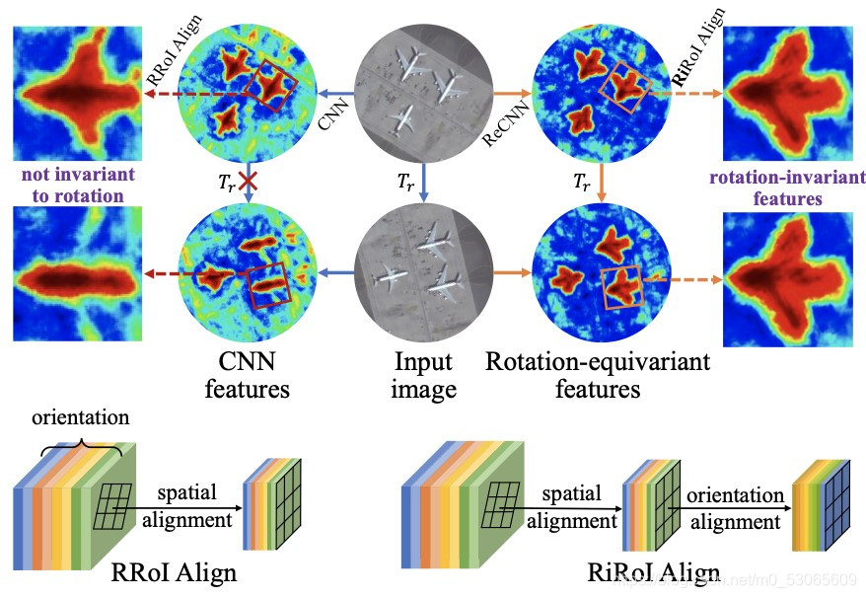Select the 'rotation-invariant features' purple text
coord(765,188)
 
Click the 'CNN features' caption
coord(247,375)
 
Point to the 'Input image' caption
coord(425,375)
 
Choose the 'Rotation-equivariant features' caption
coord(598,375)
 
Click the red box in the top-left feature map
coord(275,83)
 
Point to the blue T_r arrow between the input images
coord(424,184)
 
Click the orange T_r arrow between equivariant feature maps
coord(602,185)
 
